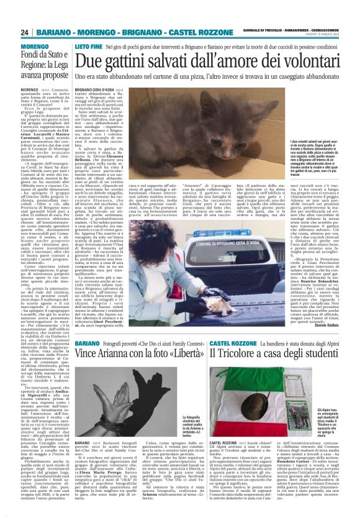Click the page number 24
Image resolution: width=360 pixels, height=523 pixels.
pos(25,32)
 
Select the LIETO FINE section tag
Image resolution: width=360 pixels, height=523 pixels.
pos(88,47)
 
